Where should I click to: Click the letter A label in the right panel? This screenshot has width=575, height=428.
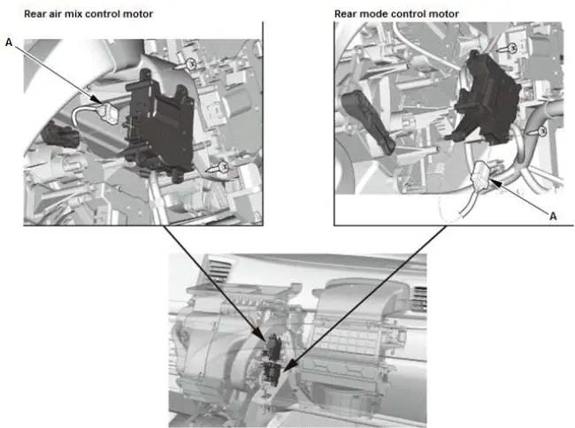click(555, 215)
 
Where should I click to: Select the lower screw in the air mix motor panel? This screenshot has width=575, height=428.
click(224, 165)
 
